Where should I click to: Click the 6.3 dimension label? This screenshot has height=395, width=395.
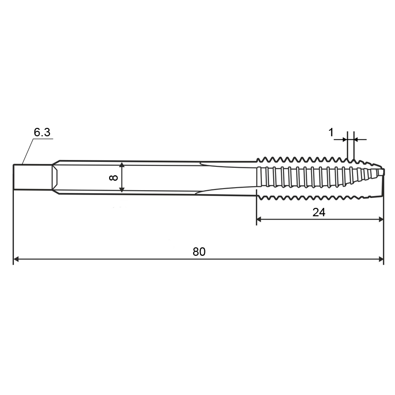42,132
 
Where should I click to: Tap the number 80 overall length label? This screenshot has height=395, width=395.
199,252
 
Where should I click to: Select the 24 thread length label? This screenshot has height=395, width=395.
318,212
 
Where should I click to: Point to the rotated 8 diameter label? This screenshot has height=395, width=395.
114,178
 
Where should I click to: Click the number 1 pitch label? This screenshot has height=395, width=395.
331,132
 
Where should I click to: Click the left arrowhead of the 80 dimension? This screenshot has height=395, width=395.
16,259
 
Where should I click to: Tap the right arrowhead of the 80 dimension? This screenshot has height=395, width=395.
381,259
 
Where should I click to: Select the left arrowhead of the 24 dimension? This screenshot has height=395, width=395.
259,219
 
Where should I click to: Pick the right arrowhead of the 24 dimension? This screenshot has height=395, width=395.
381,219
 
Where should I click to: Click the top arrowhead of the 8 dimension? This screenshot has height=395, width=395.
121,165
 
